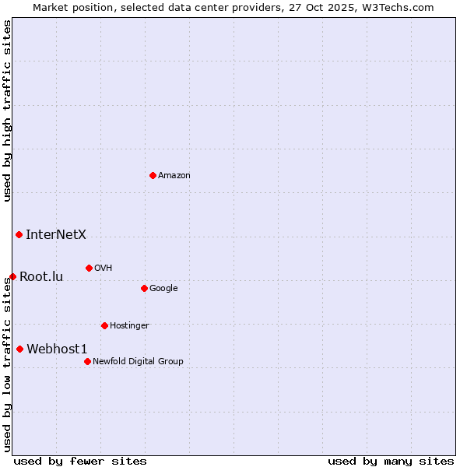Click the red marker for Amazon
(153, 175)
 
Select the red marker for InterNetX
(19, 234)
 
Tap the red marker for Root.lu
(12, 276)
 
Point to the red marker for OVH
(89, 268)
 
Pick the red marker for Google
(144, 288)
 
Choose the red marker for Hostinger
(104, 325)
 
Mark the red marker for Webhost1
(19, 349)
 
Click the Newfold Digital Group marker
(87, 361)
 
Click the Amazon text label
(174, 175)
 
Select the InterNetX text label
(56, 234)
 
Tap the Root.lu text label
(41, 276)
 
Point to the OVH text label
(104, 268)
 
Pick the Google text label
(163, 288)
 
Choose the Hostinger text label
(129, 325)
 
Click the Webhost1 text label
(57, 349)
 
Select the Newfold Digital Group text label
(138, 361)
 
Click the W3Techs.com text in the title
(402, 7)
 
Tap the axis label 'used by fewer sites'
(80, 461)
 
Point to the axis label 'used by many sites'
(391, 461)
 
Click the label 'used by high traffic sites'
(7, 111)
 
